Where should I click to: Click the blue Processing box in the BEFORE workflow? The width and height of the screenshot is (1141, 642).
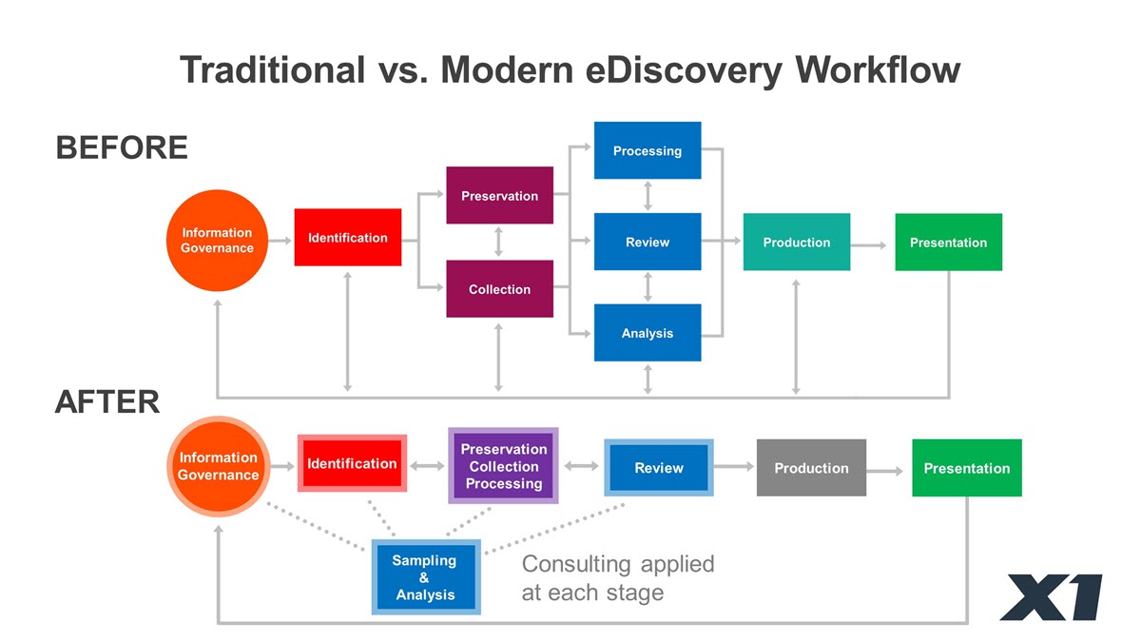point(648,150)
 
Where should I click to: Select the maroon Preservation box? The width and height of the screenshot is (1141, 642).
point(500,195)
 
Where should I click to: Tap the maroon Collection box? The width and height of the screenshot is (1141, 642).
point(500,289)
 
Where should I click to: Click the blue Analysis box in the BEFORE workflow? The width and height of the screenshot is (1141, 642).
point(648,333)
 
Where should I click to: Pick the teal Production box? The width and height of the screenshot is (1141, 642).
point(797,242)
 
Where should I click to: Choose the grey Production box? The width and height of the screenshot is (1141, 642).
point(811,468)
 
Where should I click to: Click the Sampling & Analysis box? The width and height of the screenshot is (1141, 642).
point(426,576)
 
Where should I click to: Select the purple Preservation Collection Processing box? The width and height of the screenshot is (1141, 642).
point(503,466)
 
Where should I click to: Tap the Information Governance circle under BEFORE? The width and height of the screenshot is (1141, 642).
point(217,241)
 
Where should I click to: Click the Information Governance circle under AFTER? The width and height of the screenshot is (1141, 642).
point(219,466)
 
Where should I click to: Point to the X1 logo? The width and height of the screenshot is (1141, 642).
point(1052,597)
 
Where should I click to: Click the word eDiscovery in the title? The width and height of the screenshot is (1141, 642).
point(684,70)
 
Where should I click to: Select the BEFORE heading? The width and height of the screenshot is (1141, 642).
point(122,147)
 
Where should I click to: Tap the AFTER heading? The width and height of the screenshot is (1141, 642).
point(106,401)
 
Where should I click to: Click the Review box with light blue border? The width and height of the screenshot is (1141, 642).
point(659,468)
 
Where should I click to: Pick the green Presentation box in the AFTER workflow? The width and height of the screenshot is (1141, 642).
point(967,468)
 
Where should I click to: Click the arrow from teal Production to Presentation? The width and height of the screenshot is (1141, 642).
point(868,245)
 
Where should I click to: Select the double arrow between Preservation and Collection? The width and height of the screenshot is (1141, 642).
point(498,242)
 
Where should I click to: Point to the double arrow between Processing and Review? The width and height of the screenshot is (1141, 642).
point(648,196)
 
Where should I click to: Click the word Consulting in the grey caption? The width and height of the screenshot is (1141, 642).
point(576,565)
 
